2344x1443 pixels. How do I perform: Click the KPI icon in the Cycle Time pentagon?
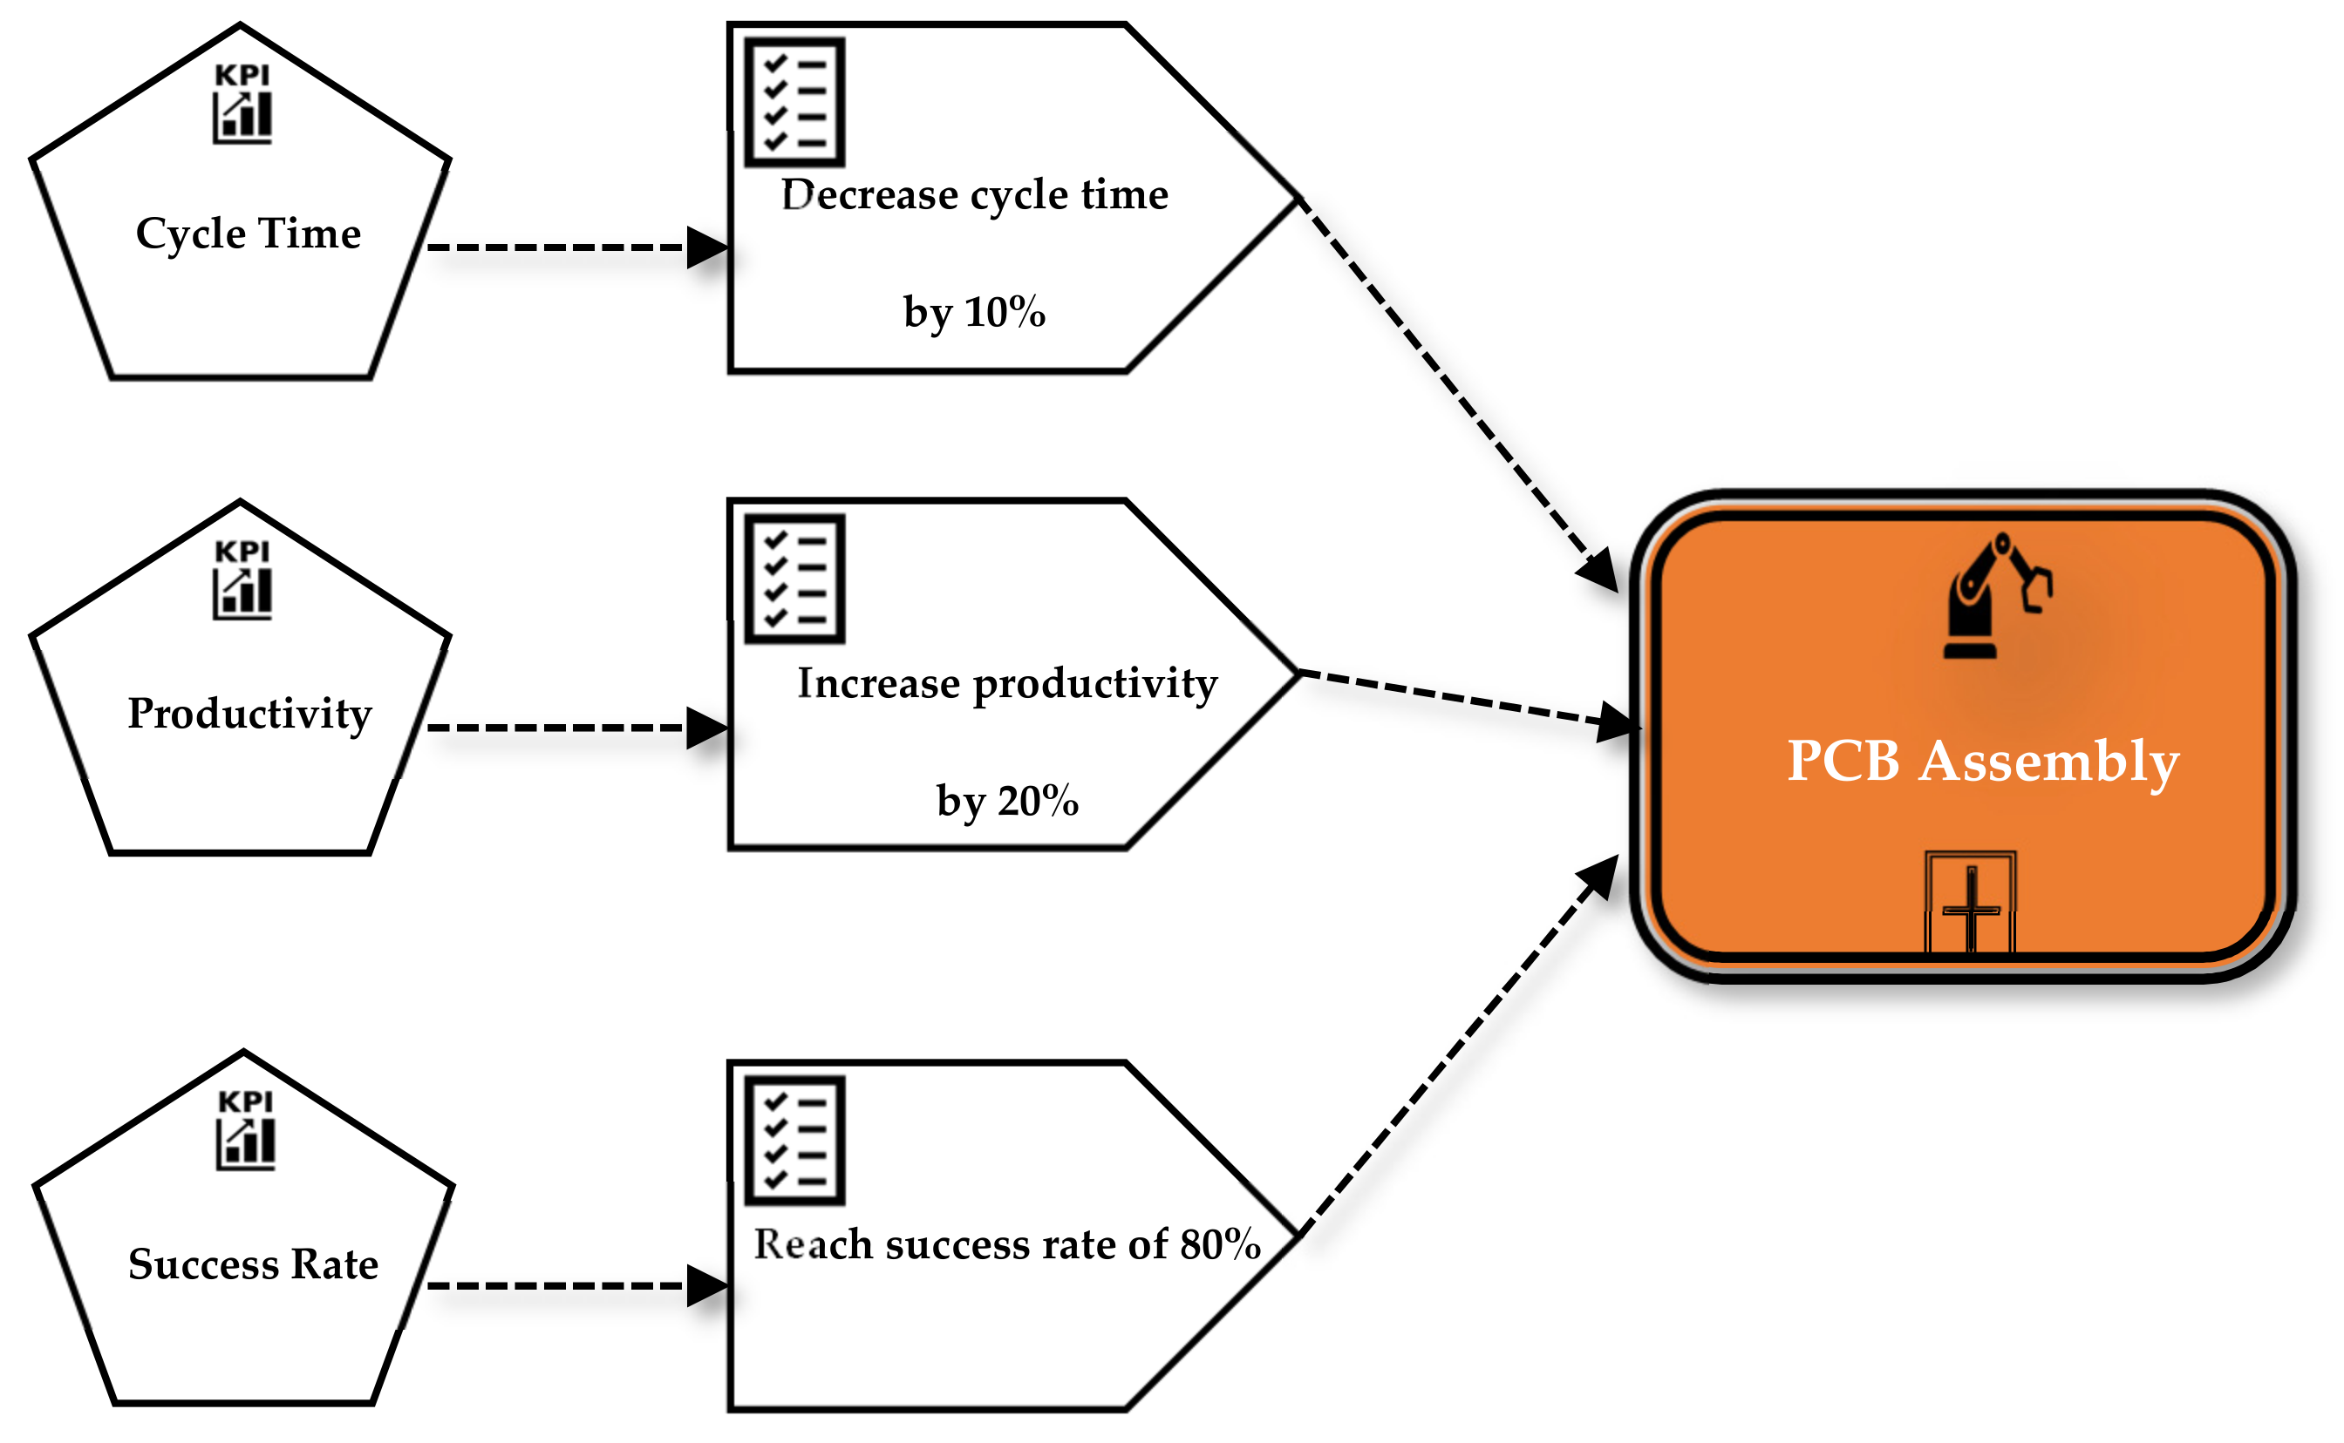[242, 103]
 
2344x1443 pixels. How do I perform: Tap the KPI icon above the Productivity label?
[242, 579]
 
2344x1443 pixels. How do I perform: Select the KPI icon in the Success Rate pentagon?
[245, 1129]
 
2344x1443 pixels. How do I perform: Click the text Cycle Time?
[249, 234]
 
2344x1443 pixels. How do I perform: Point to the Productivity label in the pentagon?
[249, 714]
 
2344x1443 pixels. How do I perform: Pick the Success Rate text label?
[253, 1263]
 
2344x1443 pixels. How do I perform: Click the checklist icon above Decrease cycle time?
[794, 102]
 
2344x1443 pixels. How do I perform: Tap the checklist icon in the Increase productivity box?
[794, 579]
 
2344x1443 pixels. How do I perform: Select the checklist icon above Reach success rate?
[794, 1141]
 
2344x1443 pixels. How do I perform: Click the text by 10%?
[974, 312]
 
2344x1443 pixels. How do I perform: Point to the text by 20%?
[1007, 801]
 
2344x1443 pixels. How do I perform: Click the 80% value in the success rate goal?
[1220, 1244]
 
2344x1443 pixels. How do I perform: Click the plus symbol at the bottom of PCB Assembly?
[1971, 910]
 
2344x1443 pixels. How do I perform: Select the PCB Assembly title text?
[1982, 761]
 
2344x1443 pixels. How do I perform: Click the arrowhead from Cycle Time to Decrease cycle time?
[708, 248]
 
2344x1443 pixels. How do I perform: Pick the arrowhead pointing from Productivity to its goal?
[708, 728]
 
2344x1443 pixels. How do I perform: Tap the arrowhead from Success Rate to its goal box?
[708, 1285]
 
